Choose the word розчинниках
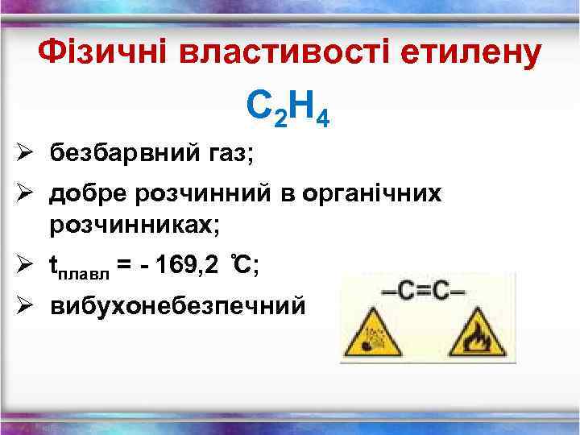click(135, 225)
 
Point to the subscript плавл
click(86, 274)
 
